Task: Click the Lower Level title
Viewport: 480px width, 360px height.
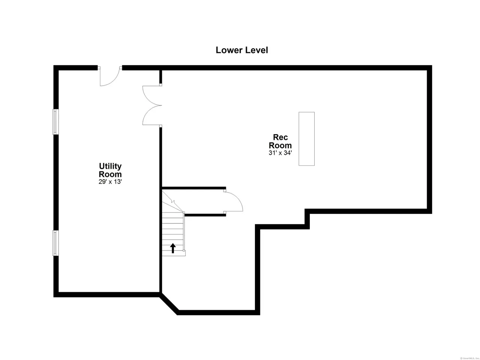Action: click(241, 50)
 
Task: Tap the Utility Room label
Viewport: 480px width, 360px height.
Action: click(110, 170)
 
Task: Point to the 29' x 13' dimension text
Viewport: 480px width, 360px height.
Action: click(110, 181)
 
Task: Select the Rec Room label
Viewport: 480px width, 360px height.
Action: click(280, 141)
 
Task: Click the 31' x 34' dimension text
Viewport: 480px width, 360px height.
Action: click(280, 153)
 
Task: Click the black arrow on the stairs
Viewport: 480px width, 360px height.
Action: click(173, 248)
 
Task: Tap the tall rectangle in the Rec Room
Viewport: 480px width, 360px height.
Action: click(306, 139)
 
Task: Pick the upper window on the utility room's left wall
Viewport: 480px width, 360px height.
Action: click(55, 121)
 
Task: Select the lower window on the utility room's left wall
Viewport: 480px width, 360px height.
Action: click(55, 243)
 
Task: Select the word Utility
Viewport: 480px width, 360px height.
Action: click(110, 166)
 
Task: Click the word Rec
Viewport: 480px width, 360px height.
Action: click(280, 137)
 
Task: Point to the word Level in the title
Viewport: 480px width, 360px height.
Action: click(256, 50)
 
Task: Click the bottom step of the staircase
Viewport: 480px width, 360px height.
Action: click(173, 253)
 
